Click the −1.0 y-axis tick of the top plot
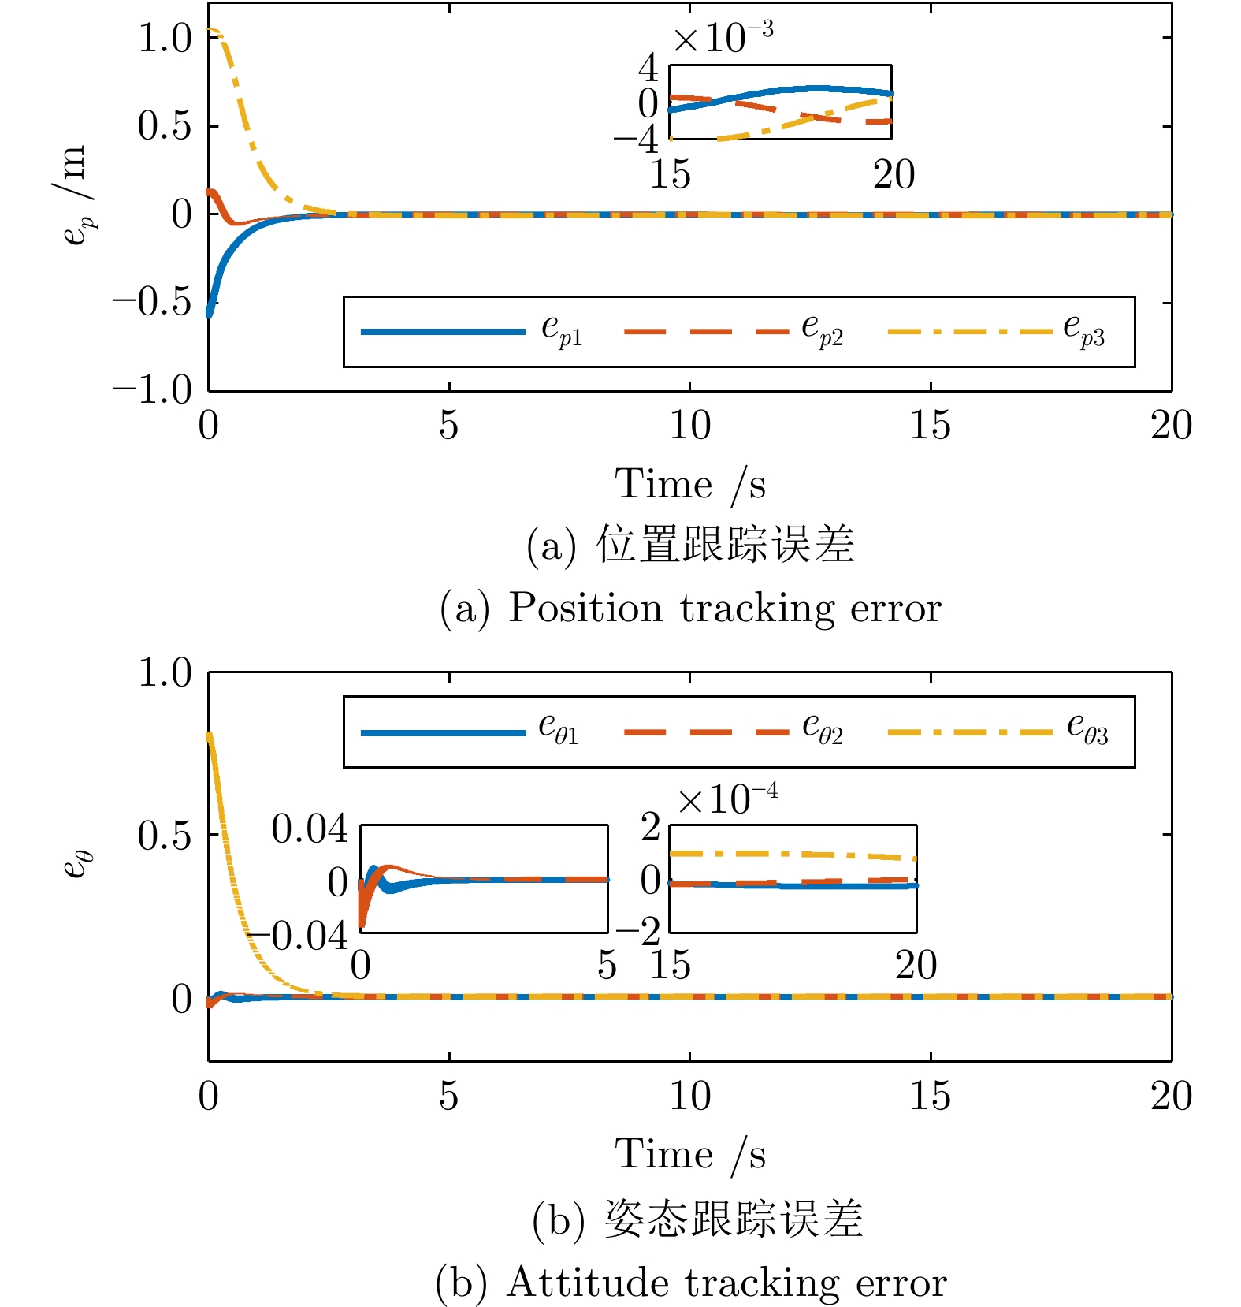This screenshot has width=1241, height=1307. (151, 389)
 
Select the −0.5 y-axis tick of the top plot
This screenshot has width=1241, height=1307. (151, 302)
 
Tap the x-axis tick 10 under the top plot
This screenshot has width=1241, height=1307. (689, 426)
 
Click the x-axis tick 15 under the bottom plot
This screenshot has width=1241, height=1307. (930, 1096)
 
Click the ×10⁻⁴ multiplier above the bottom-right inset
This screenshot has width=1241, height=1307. (727, 799)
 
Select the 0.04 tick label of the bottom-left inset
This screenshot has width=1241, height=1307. (310, 829)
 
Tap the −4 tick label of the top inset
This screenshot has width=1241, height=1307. (637, 140)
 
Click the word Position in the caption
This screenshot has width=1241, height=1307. (585, 609)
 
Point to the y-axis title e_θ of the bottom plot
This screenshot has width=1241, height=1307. (77, 865)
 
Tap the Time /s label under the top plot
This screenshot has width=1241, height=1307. (690, 484)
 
